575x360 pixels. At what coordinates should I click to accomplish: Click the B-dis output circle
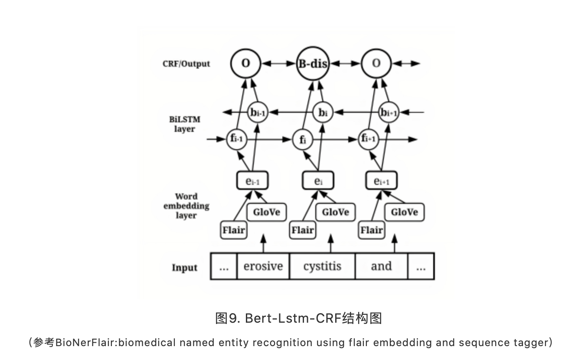[x=312, y=64]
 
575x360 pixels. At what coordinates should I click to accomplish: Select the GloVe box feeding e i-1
[x=266, y=212]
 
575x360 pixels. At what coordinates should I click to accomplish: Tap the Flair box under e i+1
[x=371, y=230]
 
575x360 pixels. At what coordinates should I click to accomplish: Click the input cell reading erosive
[x=263, y=266]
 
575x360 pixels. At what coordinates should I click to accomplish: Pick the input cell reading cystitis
[x=322, y=266]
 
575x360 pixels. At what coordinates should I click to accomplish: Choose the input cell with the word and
[x=381, y=266]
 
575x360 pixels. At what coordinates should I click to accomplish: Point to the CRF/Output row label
[x=186, y=64]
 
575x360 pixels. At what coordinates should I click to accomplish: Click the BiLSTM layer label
[x=185, y=124]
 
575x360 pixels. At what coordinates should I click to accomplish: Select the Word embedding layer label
[x=186, y=206]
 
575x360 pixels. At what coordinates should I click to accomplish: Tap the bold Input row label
[x=184, y=268]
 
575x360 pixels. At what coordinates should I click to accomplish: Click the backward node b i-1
[x=257, y=113]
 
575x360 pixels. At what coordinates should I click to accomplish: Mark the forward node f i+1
[x=369, y=139]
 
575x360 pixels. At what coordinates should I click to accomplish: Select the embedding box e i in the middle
[x=318, y=181]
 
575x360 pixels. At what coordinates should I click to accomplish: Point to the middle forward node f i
[x=303, y=140]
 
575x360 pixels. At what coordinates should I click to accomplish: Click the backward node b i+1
[x=389, y=113]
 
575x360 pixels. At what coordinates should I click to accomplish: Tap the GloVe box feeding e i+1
[x=404, y=212]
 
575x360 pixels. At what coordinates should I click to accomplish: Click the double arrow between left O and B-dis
[x=278, y=64]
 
